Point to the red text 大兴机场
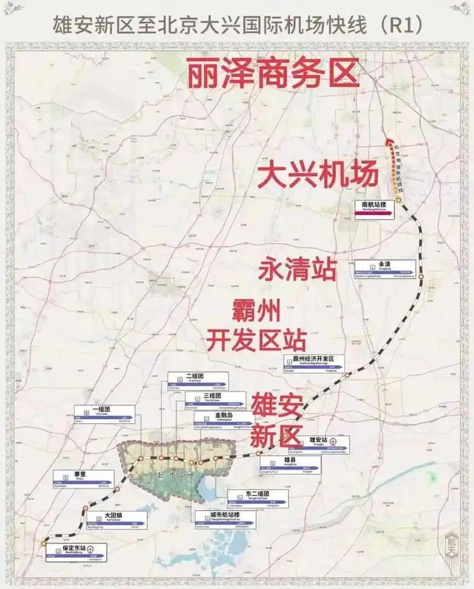(x=318, y=175)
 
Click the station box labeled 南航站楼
(x=379, y=207)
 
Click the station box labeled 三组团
(x=215, y=398)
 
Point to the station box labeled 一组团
(x=104, y=413)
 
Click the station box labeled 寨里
(x=83, y=478)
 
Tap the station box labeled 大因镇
(x=116, y=519)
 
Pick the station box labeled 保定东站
(x=77, y=551)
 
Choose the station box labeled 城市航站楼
(x=226, y=519)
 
